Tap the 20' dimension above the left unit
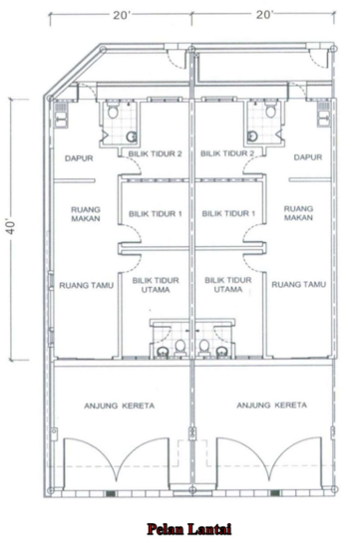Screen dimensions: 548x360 [122, 15]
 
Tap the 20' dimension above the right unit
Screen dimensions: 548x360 [265, 15]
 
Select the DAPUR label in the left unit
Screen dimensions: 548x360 [79, 157]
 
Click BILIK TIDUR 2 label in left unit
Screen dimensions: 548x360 [155, 153]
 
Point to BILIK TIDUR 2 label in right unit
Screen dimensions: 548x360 [228, 153]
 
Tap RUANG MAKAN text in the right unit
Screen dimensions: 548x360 [299, 216]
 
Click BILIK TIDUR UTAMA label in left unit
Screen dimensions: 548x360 [155, 286]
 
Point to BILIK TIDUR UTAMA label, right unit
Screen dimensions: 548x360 [228, 286]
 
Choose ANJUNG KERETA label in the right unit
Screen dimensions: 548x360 [270, 407]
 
